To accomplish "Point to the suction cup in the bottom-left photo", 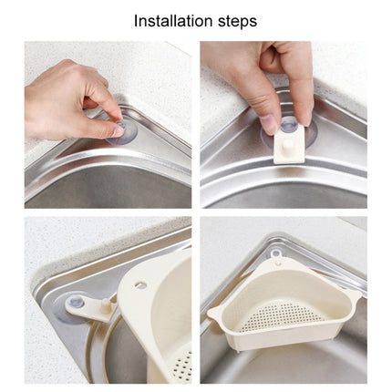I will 77,300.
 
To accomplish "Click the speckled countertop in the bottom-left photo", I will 55,242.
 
